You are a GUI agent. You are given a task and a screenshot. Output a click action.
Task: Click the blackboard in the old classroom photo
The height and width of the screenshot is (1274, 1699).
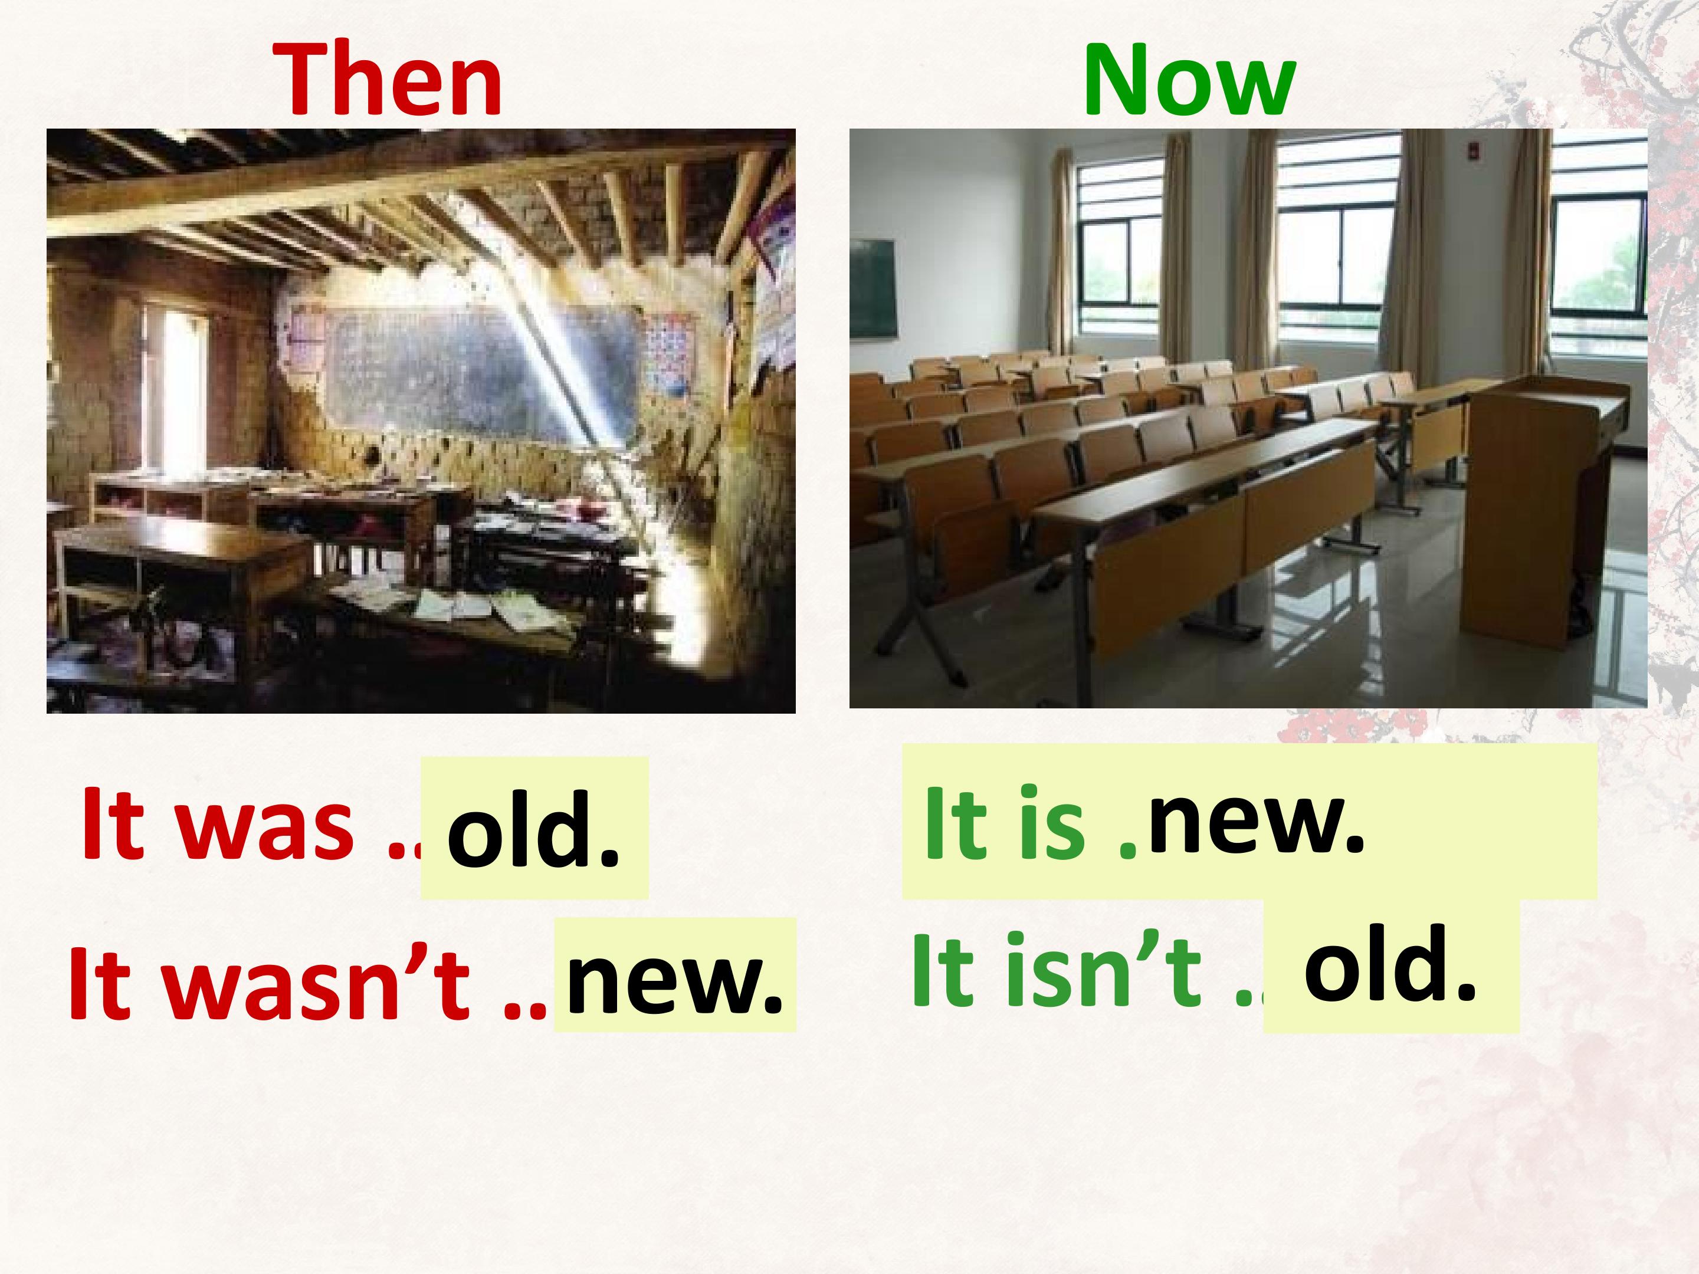pos(484,369)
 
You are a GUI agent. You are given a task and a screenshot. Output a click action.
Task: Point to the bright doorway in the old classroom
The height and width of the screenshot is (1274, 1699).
pos(181,392)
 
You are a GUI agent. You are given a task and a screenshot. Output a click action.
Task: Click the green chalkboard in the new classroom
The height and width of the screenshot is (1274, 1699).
pos(873,288)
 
